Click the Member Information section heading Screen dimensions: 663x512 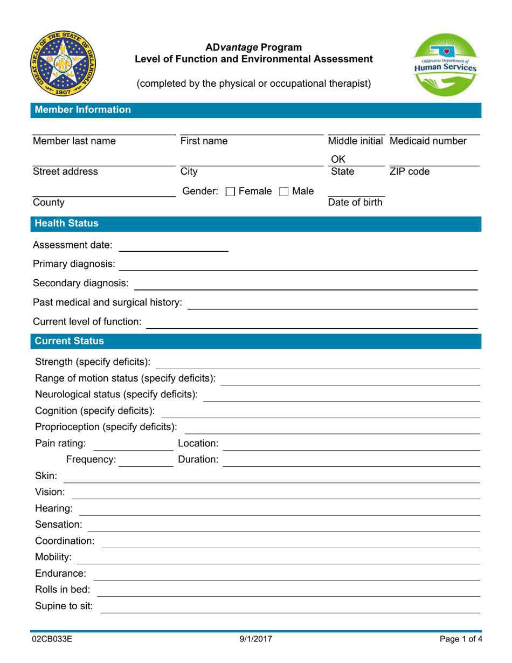[x=82, y=110]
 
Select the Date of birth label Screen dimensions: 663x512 [x=355, y=203]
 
